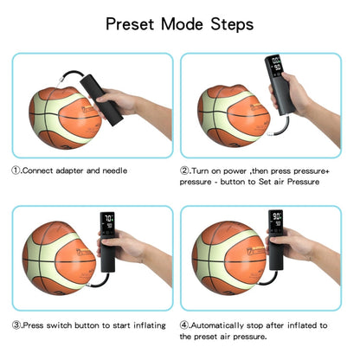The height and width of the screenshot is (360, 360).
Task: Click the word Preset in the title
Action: pos(132,23)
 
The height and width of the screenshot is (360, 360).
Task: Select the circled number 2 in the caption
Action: pos(185,170)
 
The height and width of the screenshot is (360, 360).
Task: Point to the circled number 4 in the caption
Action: pos(185,325)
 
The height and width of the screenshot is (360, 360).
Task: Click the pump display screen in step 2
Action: pos(275,67)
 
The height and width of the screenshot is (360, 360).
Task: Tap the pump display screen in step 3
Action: pos(108,221)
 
